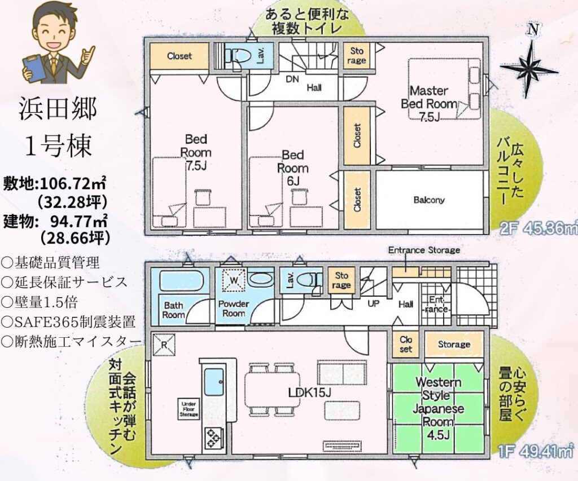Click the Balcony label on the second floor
click(429, 200)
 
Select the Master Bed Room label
click(429, 97)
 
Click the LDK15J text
click(310, 392)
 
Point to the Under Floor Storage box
click(189, 409)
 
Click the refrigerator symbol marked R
click(164, 345)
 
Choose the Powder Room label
click(234, 308)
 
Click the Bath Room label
click(173, 310)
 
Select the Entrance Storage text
click(424, 250)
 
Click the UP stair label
click(373, 304)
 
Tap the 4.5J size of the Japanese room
click(438, 435)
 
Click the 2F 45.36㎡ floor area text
click(538, 229)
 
